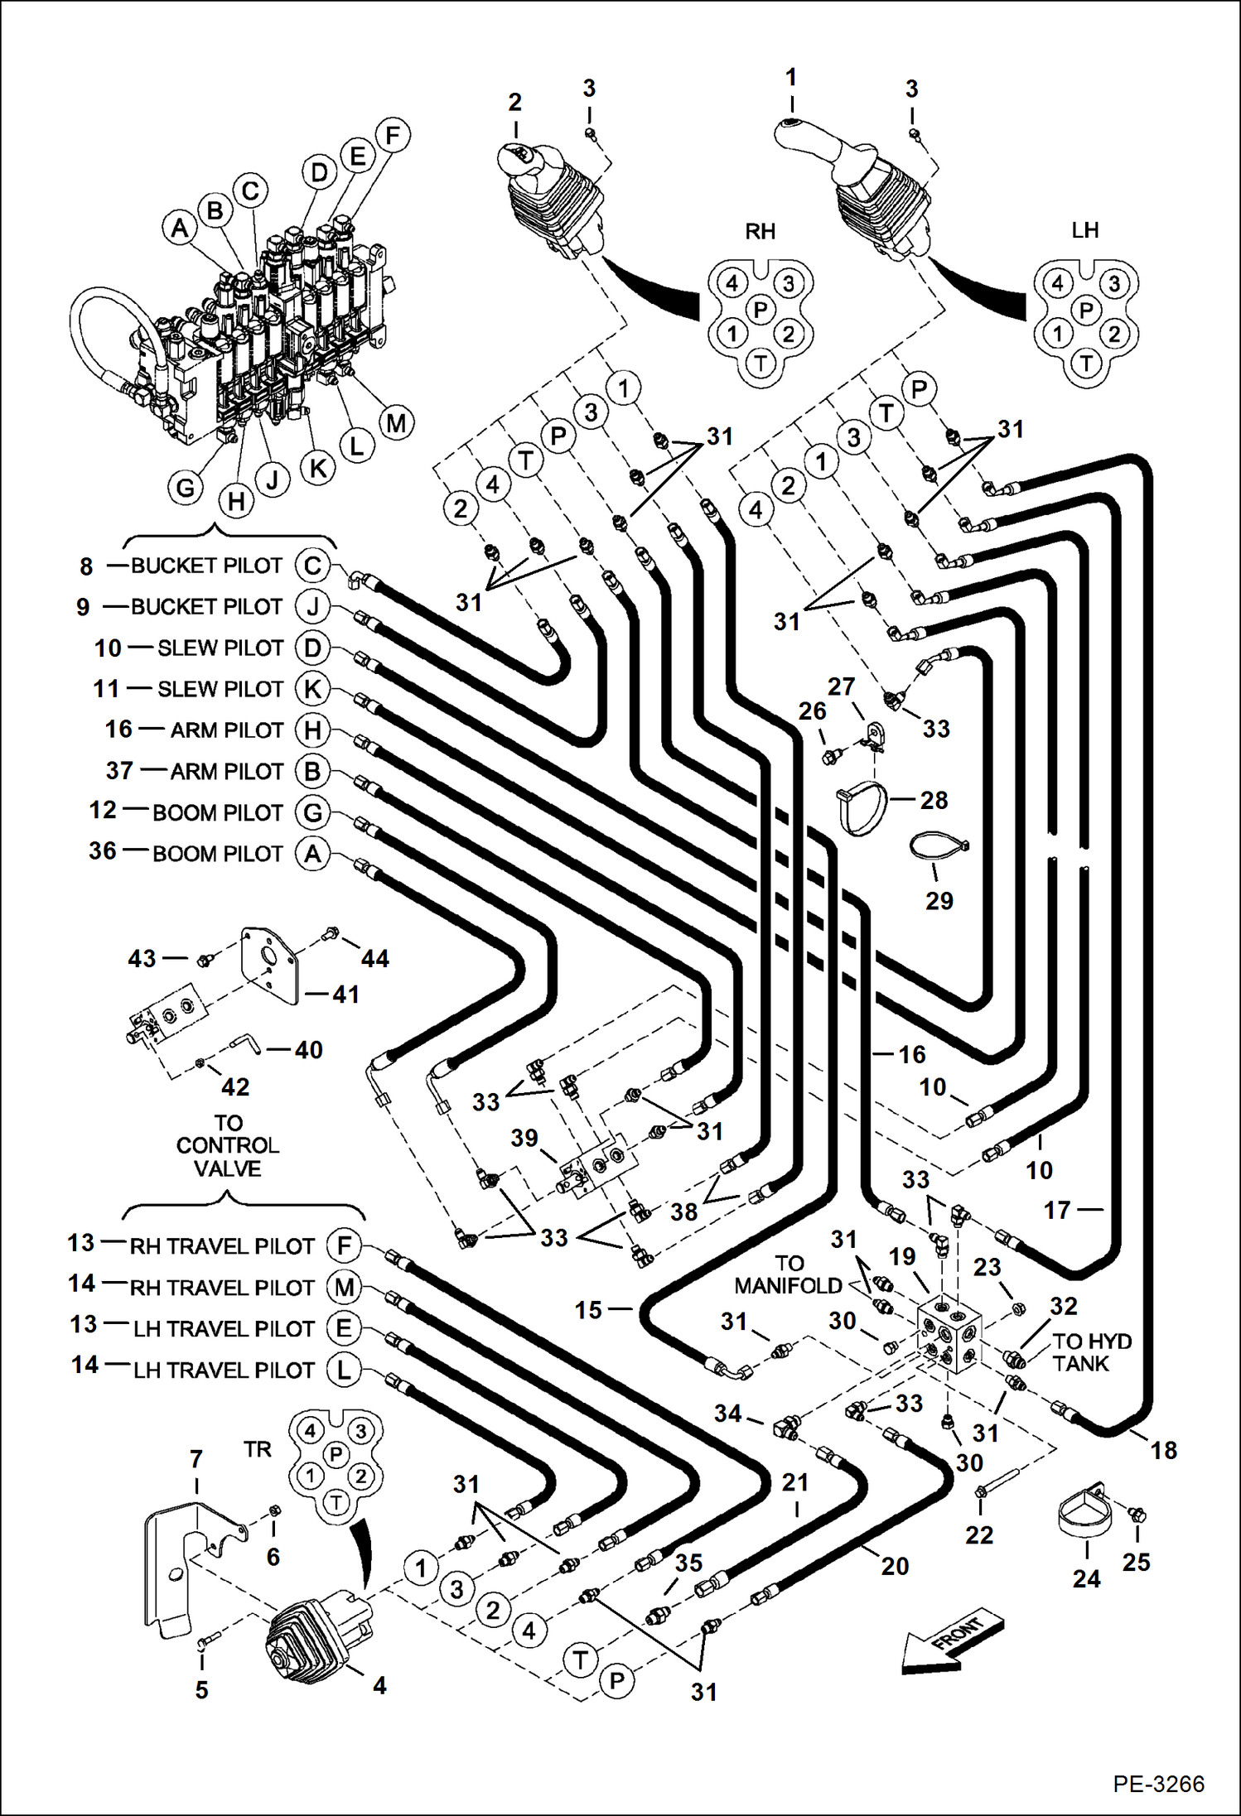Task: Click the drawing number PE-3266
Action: (x=1158, y=1784)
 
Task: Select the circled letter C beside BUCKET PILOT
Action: (x=312, y=566)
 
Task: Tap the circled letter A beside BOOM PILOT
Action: (x=312, y=853)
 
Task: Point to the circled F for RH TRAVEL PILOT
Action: (x=344, y=1245)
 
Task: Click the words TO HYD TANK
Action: (x=1091, y=1352)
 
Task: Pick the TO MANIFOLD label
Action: (x=788, y=1274)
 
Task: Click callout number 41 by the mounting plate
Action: (x=345, y=994)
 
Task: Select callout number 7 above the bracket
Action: (x=196, y=1459)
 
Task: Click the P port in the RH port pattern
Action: (x=760, y=310)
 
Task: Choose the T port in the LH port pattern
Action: (x=1086, y=363)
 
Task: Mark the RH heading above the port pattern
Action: (x=760, y=231)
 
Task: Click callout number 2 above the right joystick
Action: (x=514, y=103)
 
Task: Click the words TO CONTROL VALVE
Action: (x=228, y=1146)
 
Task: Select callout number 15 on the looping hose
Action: (x=588, y=1310)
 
